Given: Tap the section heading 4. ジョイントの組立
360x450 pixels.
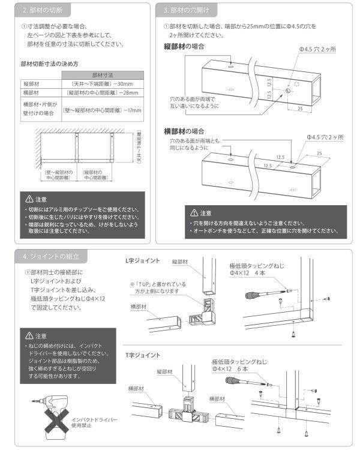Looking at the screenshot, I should [50, 256].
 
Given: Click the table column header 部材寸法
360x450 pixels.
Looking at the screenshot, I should [103, 74].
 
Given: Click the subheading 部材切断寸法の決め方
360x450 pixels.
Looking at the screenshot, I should [50, 63].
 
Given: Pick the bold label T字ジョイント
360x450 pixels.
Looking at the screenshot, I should [142, 355].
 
